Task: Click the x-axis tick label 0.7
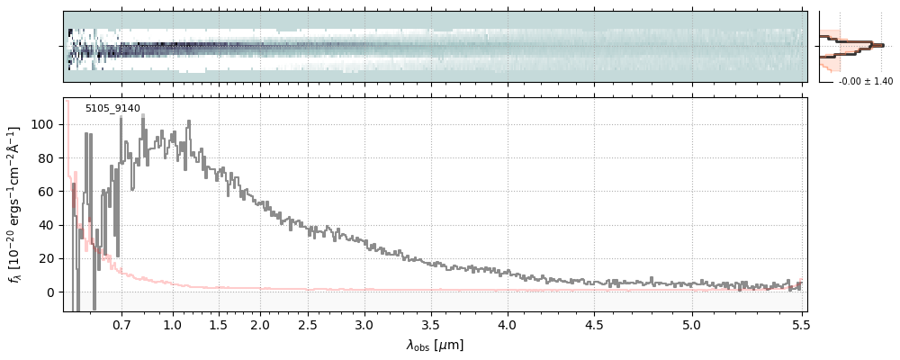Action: tap(121, 324)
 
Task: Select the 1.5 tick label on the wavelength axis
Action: tap(218, 324)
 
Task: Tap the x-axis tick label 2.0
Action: tap(260, 324)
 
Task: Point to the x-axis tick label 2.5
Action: tap(308, 324)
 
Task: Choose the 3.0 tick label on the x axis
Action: tap(364, 324)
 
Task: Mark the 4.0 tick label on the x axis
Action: tap(507, 324)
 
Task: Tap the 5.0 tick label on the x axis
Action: tap(691, 324)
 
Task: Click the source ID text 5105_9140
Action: tap(112, 109)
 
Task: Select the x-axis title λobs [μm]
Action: tap(435, 345)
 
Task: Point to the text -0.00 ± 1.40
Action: tap(865, 82)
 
